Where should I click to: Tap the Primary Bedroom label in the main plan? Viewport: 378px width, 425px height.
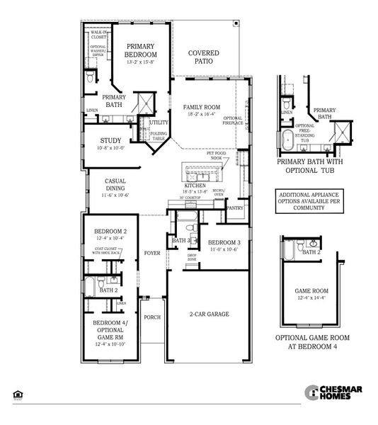(x=142, y=50)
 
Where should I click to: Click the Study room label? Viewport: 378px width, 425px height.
(x=111, y=140)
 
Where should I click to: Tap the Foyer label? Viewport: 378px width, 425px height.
(x=152, y=252)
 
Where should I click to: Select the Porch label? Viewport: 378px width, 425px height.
(x=153, y=317)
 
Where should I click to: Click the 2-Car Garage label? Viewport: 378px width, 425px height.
(x=208, y=313)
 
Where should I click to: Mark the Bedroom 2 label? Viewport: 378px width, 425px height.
(x=110, y=232)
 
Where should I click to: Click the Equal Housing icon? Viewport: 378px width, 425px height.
(x=16, y=394)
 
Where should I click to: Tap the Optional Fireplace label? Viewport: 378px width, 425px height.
(x=233, y=121)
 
